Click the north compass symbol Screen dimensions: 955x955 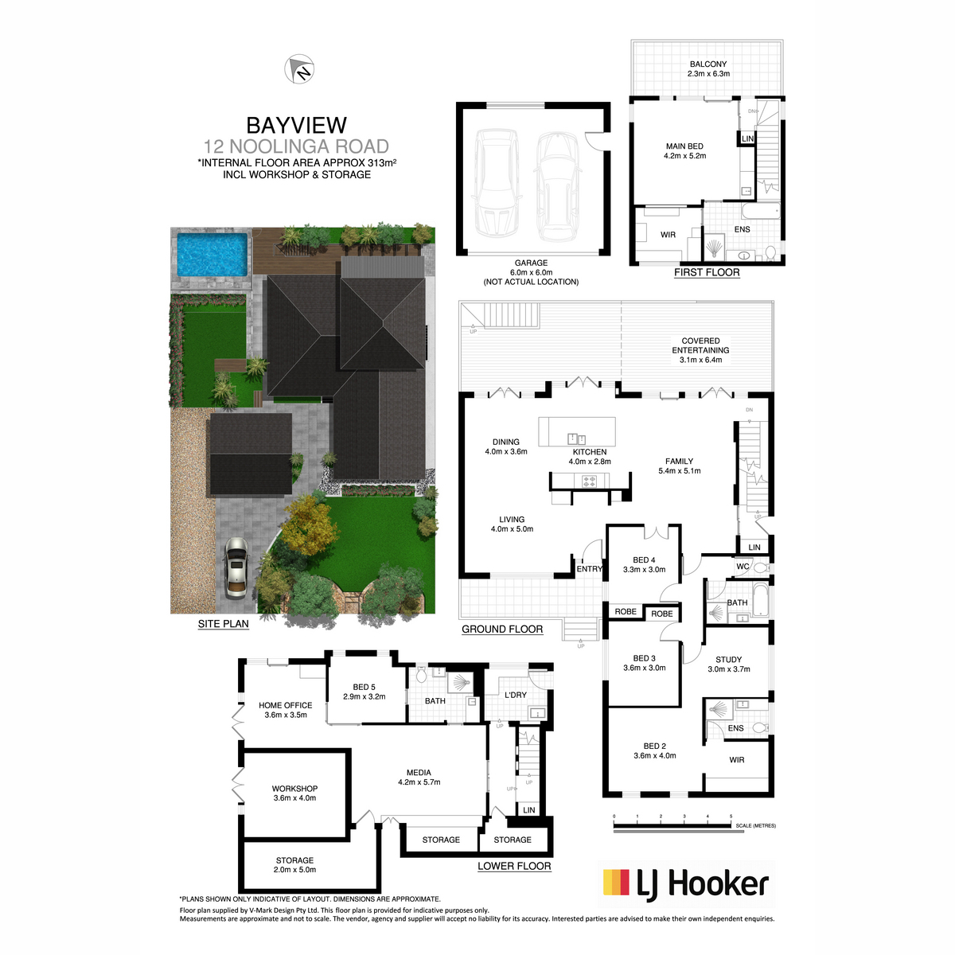299,69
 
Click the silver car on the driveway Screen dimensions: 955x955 236,567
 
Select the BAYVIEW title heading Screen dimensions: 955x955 296,126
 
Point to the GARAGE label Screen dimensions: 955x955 531,263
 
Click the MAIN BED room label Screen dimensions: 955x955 684,146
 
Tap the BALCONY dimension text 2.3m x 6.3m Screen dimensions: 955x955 708,74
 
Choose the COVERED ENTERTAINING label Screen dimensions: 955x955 700,345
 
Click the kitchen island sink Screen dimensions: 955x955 576,439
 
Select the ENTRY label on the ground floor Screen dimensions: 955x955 589,569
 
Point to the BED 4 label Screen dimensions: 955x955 644,560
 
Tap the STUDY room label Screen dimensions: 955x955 728,660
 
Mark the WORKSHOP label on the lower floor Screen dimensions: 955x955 294,789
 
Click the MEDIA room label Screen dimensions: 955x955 419,773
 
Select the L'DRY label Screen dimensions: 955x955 516,696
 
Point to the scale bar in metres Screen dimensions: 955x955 672,825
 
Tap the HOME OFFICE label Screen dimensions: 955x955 286,705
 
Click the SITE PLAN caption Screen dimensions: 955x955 223,624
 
